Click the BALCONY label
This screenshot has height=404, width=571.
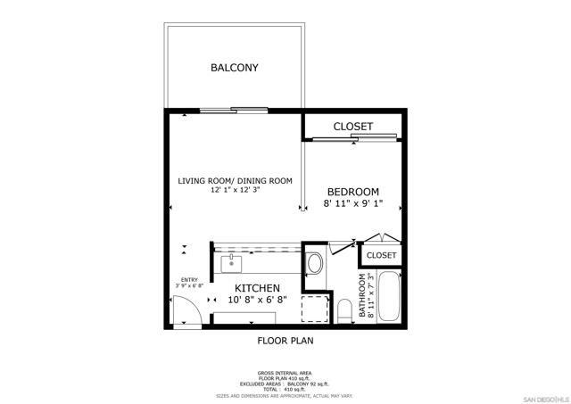coord(234,68)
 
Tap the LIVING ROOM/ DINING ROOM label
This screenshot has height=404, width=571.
coord(235,181)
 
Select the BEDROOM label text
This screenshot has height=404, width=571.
coord(352,192)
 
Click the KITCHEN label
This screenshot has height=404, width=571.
coord(258,289)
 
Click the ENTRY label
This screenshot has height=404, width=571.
coord(189,280)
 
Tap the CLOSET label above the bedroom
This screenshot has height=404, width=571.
coord(352,127)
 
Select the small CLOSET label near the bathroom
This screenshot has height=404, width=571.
coord(381,256)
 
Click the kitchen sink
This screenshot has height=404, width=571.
coord(232,263)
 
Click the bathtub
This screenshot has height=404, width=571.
coord(390,299)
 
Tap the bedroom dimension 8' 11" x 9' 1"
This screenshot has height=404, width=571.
coord(352,204)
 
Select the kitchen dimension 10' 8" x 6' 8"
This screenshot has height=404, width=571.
coord(258,301)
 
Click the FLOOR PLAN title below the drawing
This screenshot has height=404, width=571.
coord(285,340)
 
